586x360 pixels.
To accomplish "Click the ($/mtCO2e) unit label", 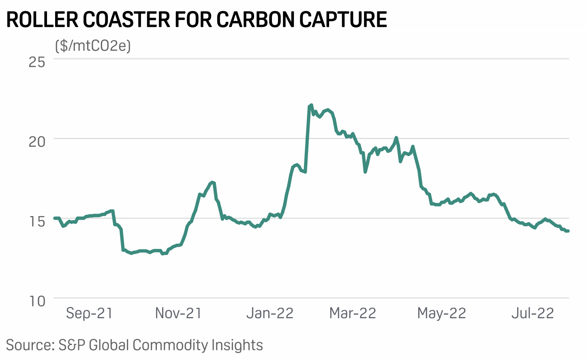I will coord(93,46).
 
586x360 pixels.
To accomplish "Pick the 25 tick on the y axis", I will coord(37,62).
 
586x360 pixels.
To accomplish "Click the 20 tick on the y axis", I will coord(37,141).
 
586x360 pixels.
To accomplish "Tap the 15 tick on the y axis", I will coord(37,221).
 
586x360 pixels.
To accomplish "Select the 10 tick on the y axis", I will coord(37,301).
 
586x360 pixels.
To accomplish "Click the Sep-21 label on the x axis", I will coord(89,313).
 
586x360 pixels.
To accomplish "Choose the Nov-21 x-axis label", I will coord(178,313).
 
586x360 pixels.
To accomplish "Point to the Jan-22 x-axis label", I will coord(270,313).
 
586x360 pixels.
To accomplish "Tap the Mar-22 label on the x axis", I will coord(353,313).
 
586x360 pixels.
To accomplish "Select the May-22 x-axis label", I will coord(442,313).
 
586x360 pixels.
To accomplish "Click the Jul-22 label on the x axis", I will coord(533,313).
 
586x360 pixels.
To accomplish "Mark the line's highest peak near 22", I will coord(311,105).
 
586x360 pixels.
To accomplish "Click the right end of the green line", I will coord(568,231).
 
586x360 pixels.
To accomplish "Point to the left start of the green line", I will coord(55,218).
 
